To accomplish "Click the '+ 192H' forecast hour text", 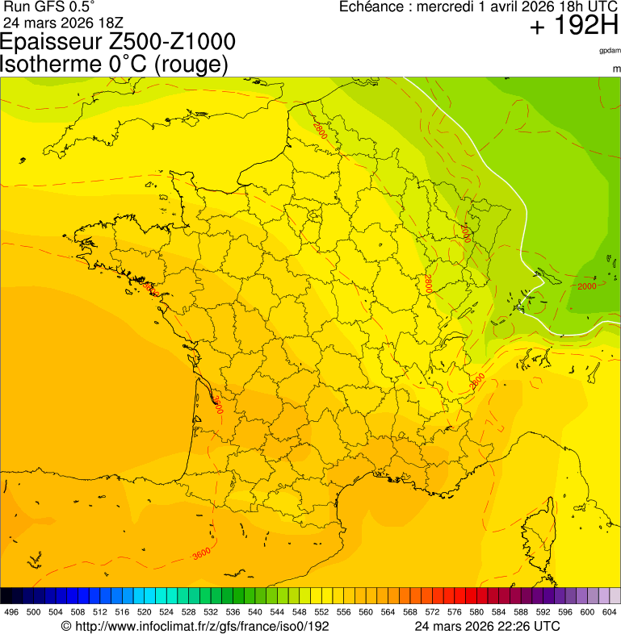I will pyautogui.click(x=573, y=27).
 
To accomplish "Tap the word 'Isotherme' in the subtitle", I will pyautogui.click(x=52, y=65).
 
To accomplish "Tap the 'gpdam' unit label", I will pyautogui.click(x=610, y=51).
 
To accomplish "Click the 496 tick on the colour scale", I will pyautogui.click(x=11, y=612).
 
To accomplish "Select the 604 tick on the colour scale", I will pyautogui.click(x=610, y=612).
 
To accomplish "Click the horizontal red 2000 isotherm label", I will pyautogui.click(x=587, y=286).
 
